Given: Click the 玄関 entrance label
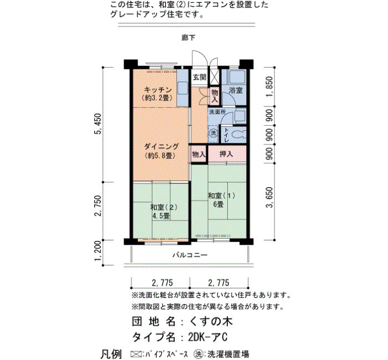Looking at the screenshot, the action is point(200,77).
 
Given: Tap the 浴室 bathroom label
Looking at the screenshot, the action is point(236,90).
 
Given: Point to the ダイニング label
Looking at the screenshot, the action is point(161,147).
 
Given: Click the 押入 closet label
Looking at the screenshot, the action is point(226,154).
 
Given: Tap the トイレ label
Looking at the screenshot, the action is point(226,135).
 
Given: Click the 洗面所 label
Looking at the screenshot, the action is point(217,112).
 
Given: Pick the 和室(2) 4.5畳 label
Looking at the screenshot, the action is point(164,211).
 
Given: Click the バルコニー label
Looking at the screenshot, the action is point(190,255).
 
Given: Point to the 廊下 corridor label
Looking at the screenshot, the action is point(189,38).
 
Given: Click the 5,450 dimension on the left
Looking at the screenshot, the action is point(98,124).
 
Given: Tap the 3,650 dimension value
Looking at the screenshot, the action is point(270,197).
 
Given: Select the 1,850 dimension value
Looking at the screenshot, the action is point(270,86).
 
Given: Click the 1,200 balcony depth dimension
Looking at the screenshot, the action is point(98,250).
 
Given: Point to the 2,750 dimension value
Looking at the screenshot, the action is point(98,205).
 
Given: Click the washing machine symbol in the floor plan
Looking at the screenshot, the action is point(213,133).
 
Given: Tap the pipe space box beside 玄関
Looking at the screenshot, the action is point(215,76).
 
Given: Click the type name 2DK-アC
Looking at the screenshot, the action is point(208,337).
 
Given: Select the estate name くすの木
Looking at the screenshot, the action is point(211,321).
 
